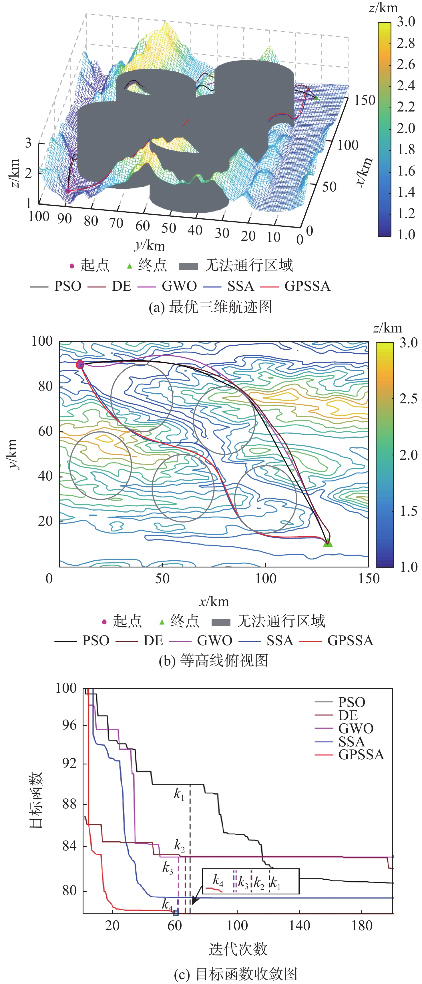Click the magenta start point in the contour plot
[79, 364]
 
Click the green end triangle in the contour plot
[328, 543]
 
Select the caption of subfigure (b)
[213, 660]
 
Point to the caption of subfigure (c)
[235, 974]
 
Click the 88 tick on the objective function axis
[69, 804]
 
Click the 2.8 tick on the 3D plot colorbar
[406, 43]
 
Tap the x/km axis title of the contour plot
[214, 601]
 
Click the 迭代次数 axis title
[238, 949]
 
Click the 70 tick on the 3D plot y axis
[116, 223]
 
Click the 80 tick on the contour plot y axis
[45, 386]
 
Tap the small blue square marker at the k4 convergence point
[176, 913]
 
